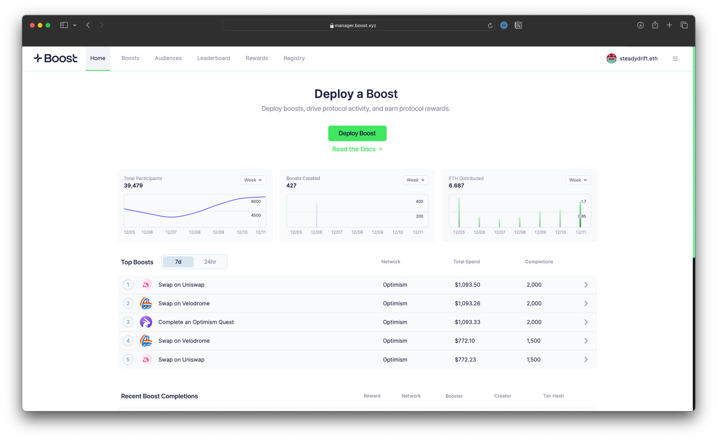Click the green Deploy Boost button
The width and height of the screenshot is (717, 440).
357,133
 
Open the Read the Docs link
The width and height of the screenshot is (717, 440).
357,149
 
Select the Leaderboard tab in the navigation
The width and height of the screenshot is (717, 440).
213,58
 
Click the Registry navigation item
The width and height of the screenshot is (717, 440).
294,58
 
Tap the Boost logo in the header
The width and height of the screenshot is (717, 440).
56,58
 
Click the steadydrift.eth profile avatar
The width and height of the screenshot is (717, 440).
611,58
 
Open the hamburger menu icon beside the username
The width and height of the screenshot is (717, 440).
675,59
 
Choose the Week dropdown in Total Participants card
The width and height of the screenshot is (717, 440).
253,180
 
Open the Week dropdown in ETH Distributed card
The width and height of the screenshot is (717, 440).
578,180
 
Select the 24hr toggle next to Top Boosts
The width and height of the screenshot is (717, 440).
210,262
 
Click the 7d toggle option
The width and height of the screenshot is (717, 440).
178,262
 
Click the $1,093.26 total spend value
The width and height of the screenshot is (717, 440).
467,303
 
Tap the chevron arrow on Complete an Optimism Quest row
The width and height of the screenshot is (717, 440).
586,322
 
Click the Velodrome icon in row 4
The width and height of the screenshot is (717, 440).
146,341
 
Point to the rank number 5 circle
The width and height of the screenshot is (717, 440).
128,359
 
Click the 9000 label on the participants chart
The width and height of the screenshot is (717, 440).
256,202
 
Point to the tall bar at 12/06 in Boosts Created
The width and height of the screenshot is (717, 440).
316,215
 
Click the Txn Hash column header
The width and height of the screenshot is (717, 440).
553,396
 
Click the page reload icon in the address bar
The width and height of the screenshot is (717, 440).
490,26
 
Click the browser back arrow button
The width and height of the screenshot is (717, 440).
88,25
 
